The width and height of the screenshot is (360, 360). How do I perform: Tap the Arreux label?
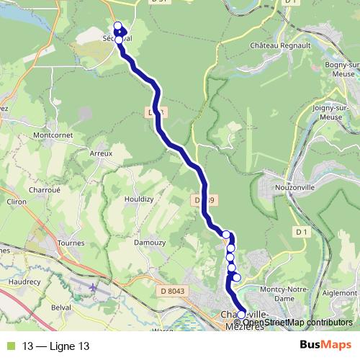click(101, 153)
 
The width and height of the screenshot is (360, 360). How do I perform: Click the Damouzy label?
click(149, 243)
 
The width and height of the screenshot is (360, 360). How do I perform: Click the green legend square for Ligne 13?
click(10, 346)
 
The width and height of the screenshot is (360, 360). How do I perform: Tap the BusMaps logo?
click(326, 346)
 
